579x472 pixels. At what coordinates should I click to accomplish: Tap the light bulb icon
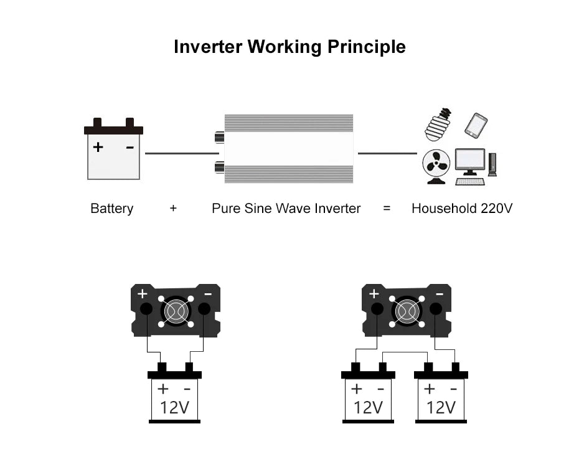point(438,125)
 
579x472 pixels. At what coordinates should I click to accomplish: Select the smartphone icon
point(476,126)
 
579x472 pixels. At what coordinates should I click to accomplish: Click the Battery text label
point(112,209)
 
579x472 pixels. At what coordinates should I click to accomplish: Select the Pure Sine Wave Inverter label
point(286,209)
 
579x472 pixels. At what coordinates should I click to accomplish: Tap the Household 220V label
point(461,209)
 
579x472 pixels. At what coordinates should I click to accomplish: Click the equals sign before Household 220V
point(387,209)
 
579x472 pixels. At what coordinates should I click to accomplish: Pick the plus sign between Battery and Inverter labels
point(173,209)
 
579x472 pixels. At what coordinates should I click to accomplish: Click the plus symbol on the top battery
point(98,148)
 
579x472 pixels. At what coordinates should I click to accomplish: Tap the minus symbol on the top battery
point(129,148)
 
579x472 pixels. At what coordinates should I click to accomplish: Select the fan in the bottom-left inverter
point(175,311)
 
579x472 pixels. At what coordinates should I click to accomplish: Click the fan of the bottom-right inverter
point(407,311)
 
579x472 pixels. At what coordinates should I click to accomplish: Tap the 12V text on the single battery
point(174,408)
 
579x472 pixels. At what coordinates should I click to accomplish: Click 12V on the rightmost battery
point(441,408)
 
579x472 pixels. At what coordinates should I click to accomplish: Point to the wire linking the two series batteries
point(405,352)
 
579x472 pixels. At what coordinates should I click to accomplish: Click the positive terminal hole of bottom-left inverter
point(146,309)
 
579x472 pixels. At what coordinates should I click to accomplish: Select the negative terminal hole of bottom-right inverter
point(435,309)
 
